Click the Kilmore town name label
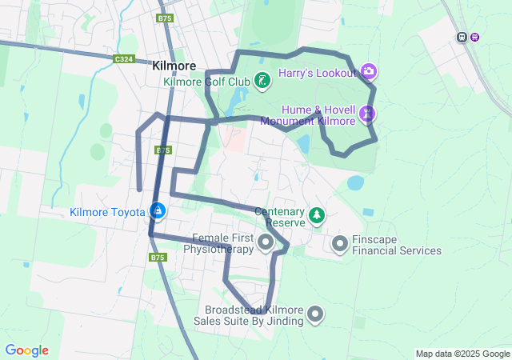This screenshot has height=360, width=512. click(175, 68)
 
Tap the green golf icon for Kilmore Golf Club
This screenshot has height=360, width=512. click(262, 80)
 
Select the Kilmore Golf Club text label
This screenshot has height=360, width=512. click(206, 81)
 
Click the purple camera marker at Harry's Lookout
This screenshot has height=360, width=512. click(369, 72)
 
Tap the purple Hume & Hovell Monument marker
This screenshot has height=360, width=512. click(367, 114)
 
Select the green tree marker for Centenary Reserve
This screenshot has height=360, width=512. click(318, 215)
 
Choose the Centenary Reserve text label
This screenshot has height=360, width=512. click(280, 217)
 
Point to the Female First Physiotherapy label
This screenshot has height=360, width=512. click(218, 244)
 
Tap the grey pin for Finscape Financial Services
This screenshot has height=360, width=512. click(339, 242)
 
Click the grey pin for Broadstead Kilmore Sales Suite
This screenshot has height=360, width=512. click(316, 314)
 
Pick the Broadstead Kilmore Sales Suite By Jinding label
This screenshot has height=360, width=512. click(253, 315)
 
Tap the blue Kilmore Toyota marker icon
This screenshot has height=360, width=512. click(158, 211)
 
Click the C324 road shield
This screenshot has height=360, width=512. click(123, 58)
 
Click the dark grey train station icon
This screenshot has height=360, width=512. click(462, 37)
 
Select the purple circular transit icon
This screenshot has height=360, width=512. click(474, 37)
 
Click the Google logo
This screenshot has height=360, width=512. click(26, 350)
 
